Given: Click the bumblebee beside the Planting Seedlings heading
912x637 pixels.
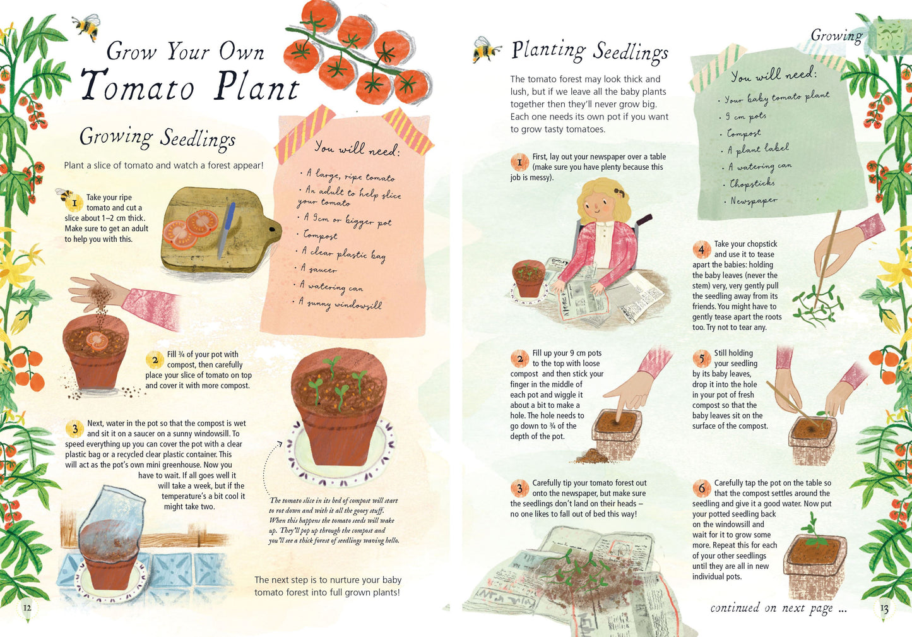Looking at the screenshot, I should point(487,49).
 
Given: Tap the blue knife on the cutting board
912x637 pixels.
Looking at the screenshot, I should point(227,230).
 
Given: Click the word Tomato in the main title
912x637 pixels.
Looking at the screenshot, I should point(137,86).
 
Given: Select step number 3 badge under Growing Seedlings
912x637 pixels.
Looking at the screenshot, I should point(74,429).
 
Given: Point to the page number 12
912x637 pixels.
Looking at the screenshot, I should point(27,608).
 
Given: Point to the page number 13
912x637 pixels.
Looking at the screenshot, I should point(884,609).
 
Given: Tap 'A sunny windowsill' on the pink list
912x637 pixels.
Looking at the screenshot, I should point(340,304).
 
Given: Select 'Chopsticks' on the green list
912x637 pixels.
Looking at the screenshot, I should point(752,184).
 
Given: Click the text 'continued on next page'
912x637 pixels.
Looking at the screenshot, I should point(778,608).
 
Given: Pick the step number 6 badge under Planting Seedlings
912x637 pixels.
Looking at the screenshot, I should point(701,488).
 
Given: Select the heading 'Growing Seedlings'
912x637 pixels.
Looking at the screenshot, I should point(157,138).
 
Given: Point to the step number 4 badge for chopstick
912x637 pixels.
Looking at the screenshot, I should point(701,249).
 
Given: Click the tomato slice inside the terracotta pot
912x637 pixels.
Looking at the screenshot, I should point(97,341).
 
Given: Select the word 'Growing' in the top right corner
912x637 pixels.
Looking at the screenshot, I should point(836,36).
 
